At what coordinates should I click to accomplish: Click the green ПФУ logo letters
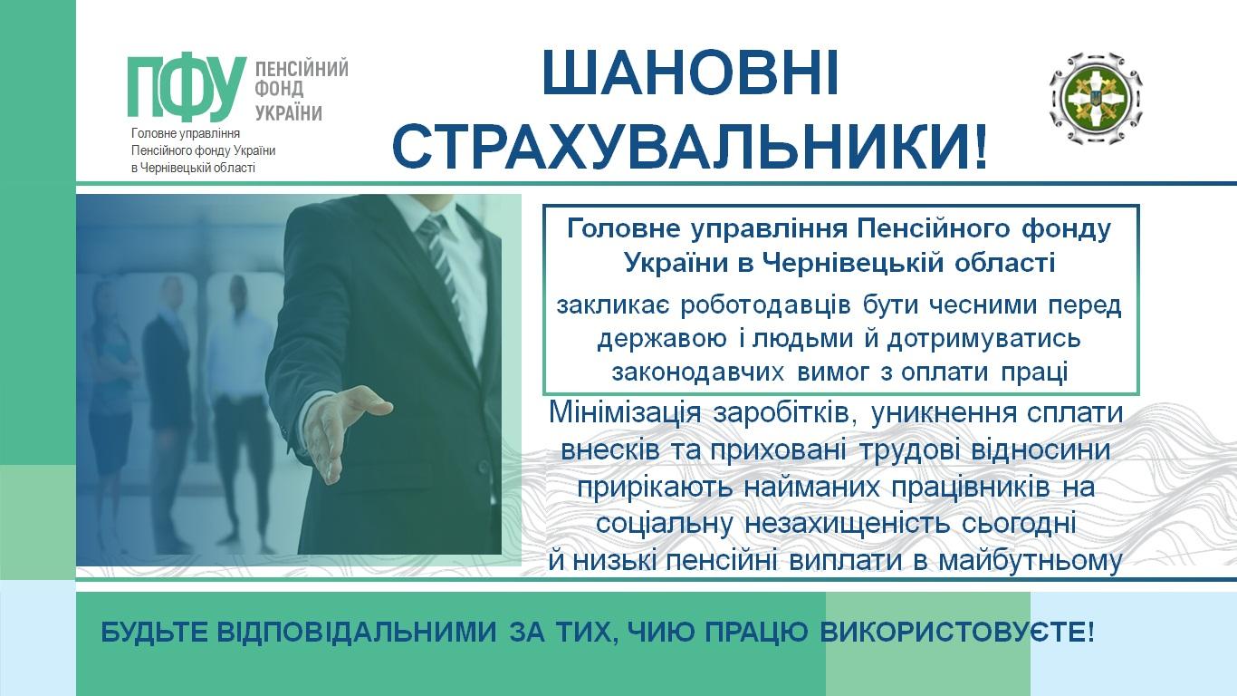tap(187, 89)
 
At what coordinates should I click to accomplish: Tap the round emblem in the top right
tap(1096, 99)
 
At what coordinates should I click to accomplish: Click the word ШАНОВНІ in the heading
tap(690, 73)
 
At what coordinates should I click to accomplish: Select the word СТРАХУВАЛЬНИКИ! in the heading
tap(690, 146)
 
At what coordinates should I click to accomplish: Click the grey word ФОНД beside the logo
tap(280, 89)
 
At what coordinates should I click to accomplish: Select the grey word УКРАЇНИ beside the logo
tap(288, 112)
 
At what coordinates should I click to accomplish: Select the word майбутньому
tap(1030, 561)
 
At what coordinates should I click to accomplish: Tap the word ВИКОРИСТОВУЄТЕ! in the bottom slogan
tap(956, 632)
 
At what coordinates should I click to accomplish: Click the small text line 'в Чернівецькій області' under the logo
tap(193, 168)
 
